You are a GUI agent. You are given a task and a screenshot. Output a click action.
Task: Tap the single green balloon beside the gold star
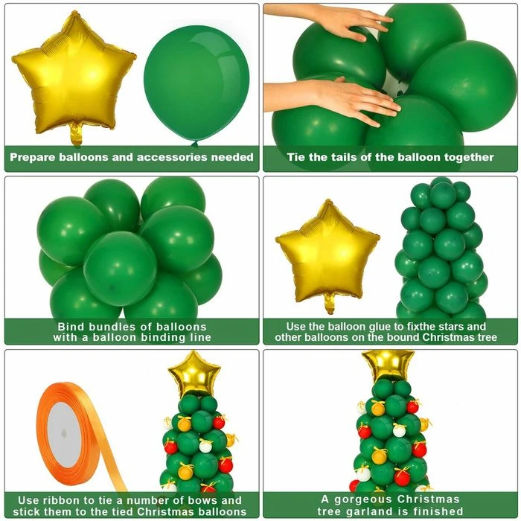196,85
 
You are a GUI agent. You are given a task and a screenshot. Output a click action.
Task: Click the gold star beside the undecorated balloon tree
327,255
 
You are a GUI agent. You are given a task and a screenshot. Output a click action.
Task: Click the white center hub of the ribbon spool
64,434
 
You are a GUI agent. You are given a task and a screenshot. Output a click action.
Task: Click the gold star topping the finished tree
388,365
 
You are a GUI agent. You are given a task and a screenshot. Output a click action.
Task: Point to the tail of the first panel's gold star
76,135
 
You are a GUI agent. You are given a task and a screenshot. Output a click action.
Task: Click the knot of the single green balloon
195,144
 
